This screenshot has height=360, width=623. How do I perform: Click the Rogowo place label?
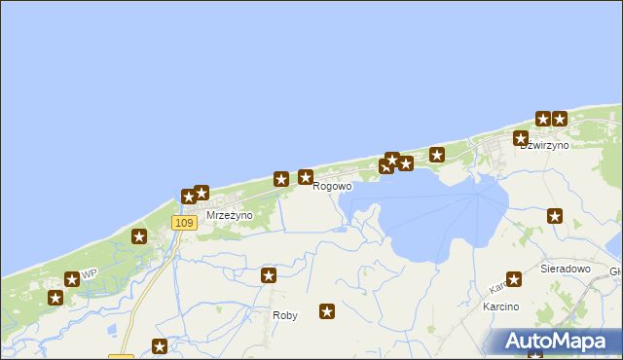(332, 187)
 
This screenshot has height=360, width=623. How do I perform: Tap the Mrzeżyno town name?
(230, 215)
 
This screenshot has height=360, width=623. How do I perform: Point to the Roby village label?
(285, 315)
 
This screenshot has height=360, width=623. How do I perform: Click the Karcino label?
(500, 306)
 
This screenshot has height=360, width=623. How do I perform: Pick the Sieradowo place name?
(566, 267)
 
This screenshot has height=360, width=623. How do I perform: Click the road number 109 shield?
(184, 223)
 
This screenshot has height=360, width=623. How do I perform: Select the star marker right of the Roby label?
(327, 312)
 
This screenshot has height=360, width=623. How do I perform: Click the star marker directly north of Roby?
(269, 276)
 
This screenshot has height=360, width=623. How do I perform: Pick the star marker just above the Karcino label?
(514, 280)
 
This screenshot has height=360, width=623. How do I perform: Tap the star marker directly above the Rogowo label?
(306, 177)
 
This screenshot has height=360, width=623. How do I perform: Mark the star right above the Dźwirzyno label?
(521, 139)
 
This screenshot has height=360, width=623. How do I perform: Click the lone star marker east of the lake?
(555, 216)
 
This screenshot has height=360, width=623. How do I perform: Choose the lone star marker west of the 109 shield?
(139, 235)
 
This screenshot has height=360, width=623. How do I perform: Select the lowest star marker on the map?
(160, 346)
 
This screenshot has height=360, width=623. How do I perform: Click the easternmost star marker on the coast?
(560, 119)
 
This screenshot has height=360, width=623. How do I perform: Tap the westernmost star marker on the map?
(55, 297)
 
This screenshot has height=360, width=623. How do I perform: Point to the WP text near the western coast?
(89, 272)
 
